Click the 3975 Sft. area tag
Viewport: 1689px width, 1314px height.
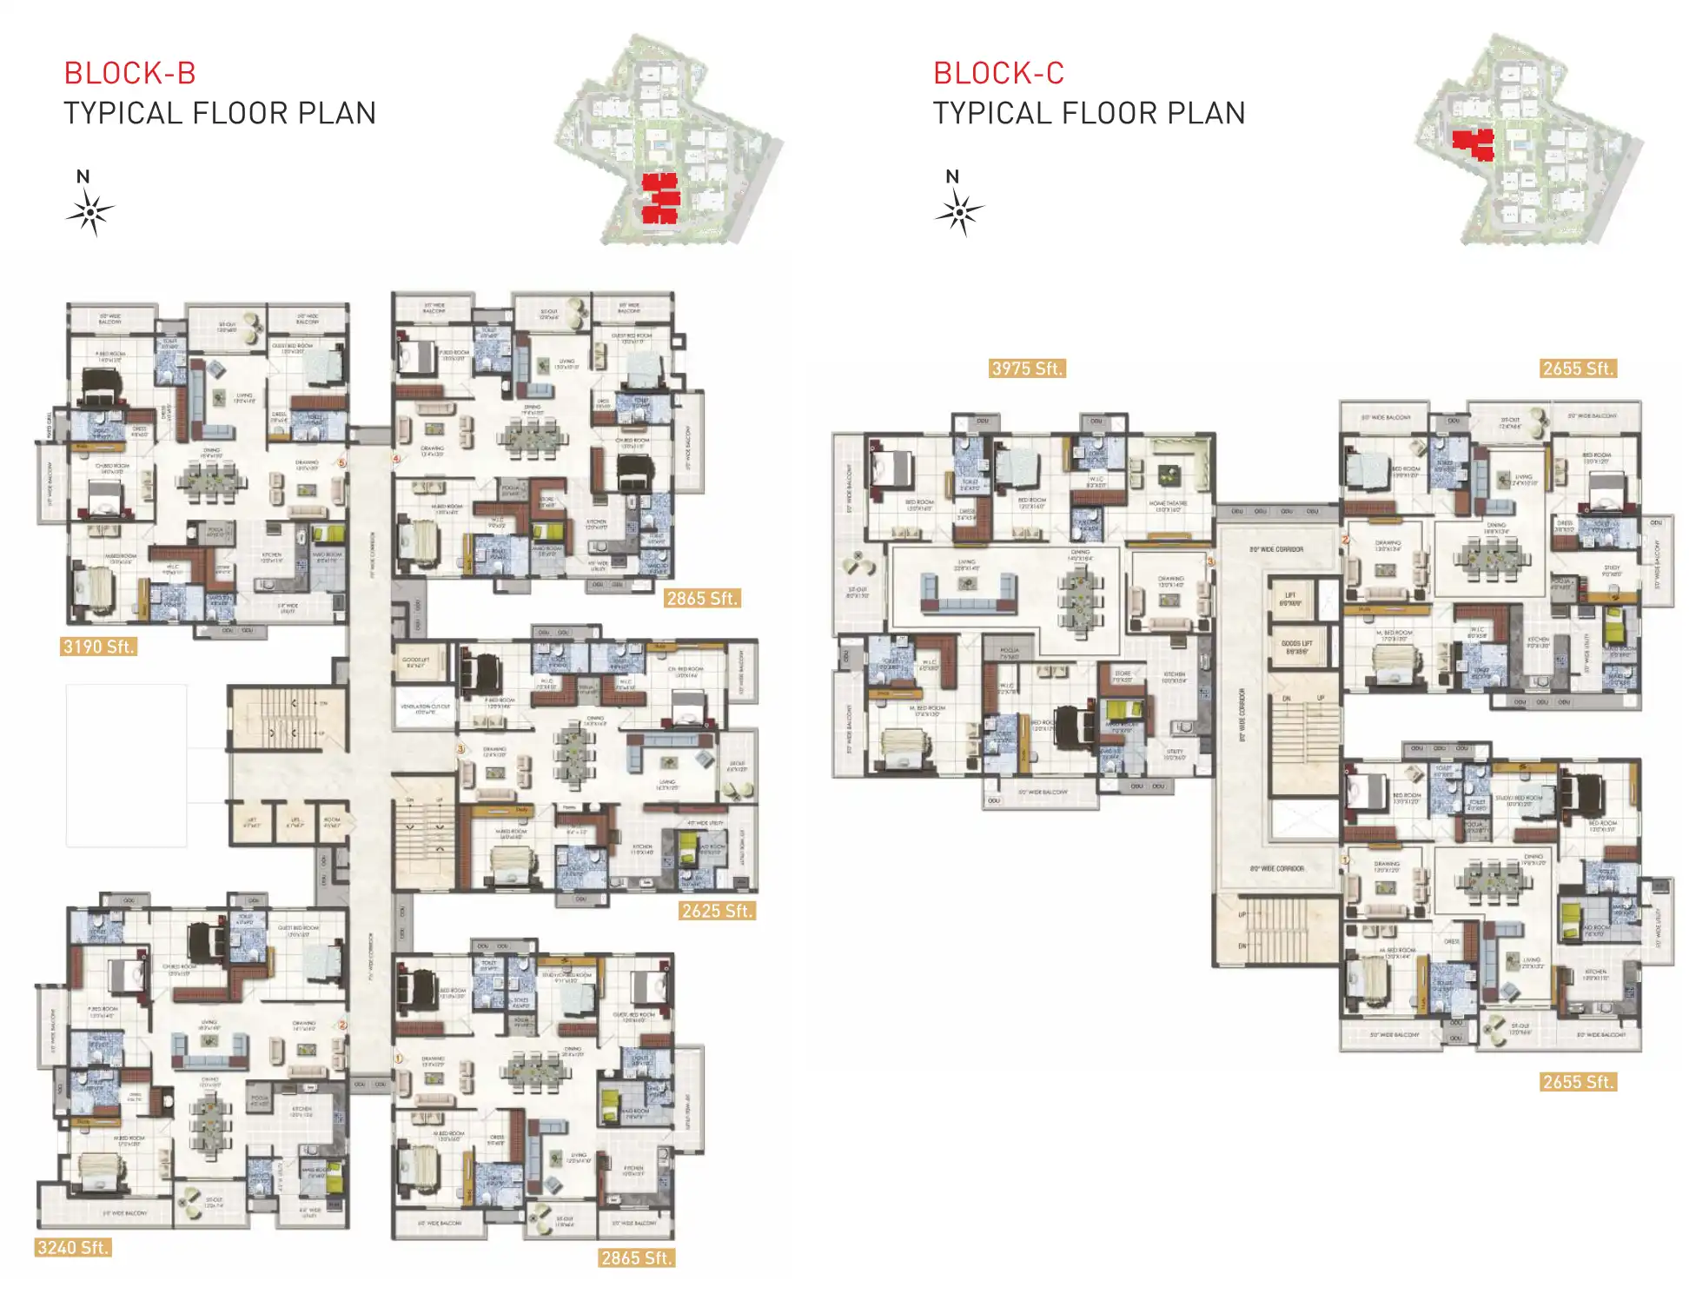(x=1027, y=368)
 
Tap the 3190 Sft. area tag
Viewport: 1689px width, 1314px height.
(x=98, y=647)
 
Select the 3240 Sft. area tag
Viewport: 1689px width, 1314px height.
(x=73, y=1248)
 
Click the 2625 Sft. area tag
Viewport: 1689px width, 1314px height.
(x=716, y=911)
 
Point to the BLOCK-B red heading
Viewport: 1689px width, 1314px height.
(x=130, y=73)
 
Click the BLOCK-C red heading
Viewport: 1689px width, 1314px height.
(x=998, y=73)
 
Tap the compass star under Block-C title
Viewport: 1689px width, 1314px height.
(x=959, y=212)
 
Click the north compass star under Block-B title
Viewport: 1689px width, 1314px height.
(x=89, y=212)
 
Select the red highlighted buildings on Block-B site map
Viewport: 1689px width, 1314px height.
(x=660, y=198)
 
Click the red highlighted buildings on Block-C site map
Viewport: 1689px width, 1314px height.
(x=1474, y=144)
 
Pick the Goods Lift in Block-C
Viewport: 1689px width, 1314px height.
(x=1296, y=647)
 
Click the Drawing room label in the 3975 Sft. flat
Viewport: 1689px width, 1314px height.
(x=1170, y=580)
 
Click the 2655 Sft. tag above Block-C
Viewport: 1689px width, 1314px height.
(x=1577, y=368)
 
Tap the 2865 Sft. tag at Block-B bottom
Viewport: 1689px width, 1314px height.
(x=636, y=1258)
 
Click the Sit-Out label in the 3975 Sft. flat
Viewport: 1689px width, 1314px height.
(x=858, y=592)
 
